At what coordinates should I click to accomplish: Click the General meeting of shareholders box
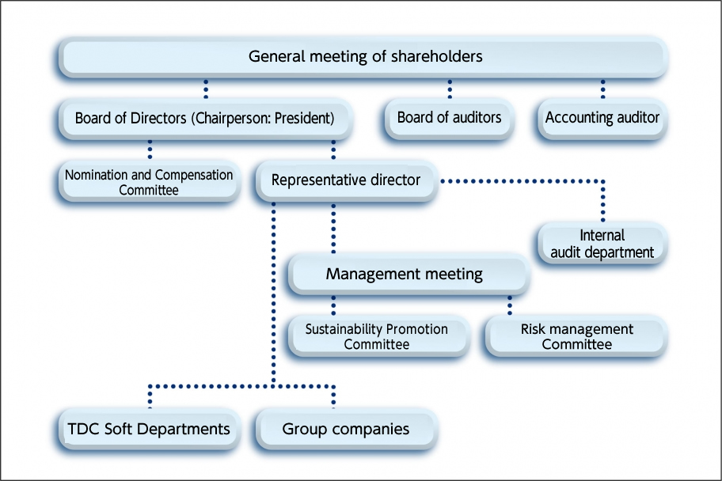[x=365, y=57]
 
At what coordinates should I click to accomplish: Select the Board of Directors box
[x=204, y=119]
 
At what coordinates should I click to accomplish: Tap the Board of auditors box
[x=449, y=118]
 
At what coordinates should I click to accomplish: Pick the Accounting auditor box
[x=602, y=118]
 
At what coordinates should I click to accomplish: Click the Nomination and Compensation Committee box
[x=149, y=181]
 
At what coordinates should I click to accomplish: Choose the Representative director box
[x=345, y=180]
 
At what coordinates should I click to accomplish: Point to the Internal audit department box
[x=602, y=244]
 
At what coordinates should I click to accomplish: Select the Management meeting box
[x=404, y=275]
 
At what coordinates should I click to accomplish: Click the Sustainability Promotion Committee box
[x=376, y=336]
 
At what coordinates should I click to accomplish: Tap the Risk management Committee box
[x=576, y=336]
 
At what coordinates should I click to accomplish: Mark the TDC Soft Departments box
[x=149, y=429]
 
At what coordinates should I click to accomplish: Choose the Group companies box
[x=345, y=429]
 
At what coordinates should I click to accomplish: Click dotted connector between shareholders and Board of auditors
[x=449, y=88]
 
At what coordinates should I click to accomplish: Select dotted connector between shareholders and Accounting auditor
[x=602, y=88]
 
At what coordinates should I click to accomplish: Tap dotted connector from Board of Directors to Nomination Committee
[x=149, y=150]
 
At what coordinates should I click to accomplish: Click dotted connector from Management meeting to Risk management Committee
[x=509, y=305]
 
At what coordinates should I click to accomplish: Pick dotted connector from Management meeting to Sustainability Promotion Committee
[x=332, y=305]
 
